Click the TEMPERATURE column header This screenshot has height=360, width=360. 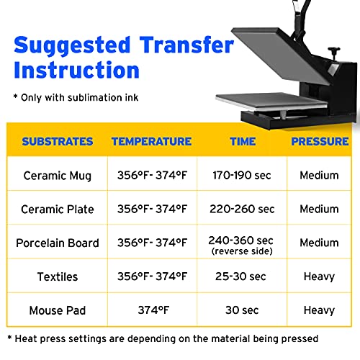pyautogui.click(x=151, y=142)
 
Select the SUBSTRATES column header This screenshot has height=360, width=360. pyautogui.click(x=58, y=142)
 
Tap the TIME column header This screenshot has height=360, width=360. pyautogui.click(x=242, y=142)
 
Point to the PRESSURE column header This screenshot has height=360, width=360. pyautogui.click(x=320, y=142)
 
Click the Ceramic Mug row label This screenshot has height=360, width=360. pyautogui.click(x=58, y=176)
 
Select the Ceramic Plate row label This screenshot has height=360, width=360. pyautogui.click(x=58, y=210)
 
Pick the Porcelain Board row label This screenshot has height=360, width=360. pyautogui.click(x=58, y=243)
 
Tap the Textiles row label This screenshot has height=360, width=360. pyautogui.click(x=58, y=276)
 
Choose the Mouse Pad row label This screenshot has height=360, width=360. pyautogui.click(x=58, y=310)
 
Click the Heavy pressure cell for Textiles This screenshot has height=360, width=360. pyautogui.click(x=319, y=276)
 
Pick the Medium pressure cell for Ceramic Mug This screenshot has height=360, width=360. pyautogui.click(x=319, y=176)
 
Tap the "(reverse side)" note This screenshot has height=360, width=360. pyautogui.click(x=242, y=251)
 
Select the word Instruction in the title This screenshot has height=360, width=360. pyautogui.click(x=77, y=71)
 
